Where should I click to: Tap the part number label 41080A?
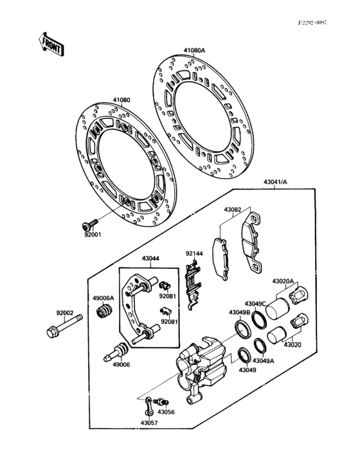coord(194,50)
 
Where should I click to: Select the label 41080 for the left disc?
coord(122,100)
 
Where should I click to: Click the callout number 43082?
coord(233,210)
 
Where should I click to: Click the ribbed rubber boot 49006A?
coord(101,313)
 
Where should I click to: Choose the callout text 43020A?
coord(283,281)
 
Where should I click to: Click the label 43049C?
coord(255,303)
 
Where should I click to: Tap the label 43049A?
coord(263,361)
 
